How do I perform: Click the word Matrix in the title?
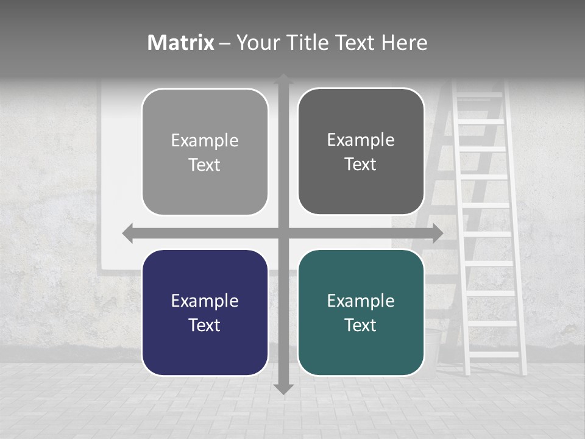[181, 43]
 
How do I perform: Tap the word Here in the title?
[404, 43]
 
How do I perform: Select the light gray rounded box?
[205, 152]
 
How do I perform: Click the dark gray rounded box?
[361, 151]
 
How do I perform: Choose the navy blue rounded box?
[205, 312]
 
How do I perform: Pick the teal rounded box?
[361, 312]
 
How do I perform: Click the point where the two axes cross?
[283, 234]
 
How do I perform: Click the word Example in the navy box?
[205, 301]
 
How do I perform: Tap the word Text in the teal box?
[361, 325]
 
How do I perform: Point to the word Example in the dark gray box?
[361, 140]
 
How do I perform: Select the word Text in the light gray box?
[205, 165]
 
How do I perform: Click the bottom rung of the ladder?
[494, 354]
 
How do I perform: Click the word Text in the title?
[354, 43]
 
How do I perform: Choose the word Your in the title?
[255, 43]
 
